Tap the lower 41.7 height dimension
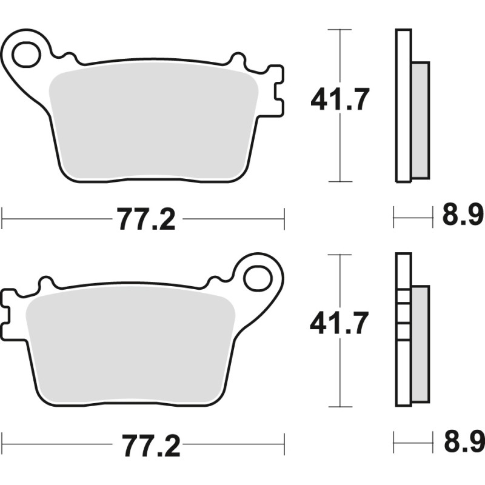point(339,325)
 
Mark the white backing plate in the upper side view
point(403,106)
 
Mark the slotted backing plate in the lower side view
point(401,330)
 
